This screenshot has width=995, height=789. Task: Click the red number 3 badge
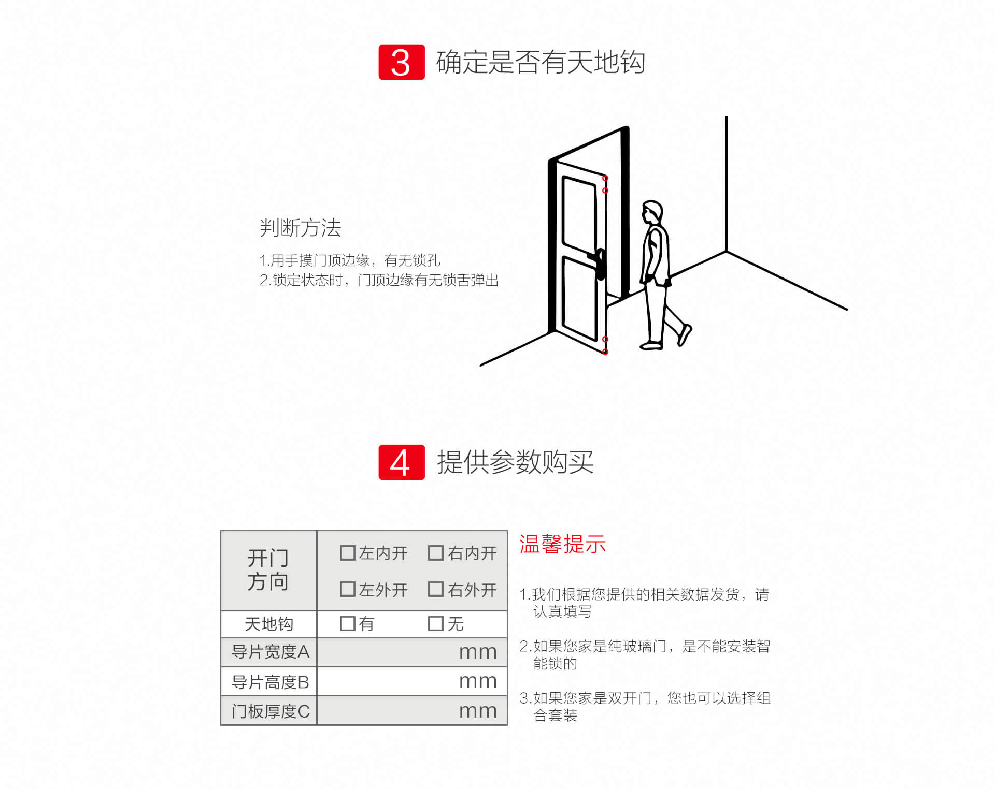[x=402, y=62]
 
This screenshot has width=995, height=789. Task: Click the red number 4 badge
[x=402, y=462]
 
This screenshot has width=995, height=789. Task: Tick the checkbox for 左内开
[x=347, y=553]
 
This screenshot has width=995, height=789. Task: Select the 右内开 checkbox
[x=436, y=553]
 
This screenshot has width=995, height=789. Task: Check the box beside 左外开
[x=347, y=589]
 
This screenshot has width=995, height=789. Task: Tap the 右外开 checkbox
[x=436, y=589]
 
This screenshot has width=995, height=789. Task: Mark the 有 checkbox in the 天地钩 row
[x=347, y=623]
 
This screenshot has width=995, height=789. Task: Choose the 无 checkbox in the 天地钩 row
[x=436, y=623]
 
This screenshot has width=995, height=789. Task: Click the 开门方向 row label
[x=268, y=570]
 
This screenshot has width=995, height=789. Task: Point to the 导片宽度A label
[x=270, y=652]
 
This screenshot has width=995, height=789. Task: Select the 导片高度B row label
[x=270, y=682]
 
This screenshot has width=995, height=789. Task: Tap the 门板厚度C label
[x=270, y=711]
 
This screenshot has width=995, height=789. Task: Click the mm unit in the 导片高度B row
[x=478, y=682]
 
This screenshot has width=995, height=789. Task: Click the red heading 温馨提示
[x=563, y=545]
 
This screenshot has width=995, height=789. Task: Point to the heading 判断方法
[x=301, y=228]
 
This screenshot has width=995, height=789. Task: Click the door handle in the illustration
[x=599, y=264]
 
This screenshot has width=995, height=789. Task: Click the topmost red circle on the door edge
[x=605, y=178]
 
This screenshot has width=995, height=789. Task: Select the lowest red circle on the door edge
[x=605, y=352]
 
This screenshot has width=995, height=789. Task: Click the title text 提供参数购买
[x=515, y=462]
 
